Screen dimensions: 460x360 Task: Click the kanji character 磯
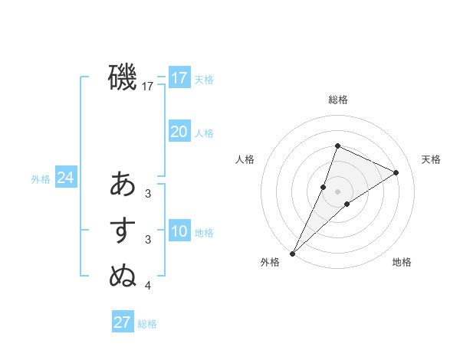point(123,77)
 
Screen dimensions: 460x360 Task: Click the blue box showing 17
point(179,78)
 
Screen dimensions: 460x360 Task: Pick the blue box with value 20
point(179,132)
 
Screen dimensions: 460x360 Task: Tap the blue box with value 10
point(179,231)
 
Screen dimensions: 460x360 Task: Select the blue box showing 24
point(65,178)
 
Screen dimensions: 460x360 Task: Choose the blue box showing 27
point(122,322)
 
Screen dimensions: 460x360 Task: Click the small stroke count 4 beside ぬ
point(148,286)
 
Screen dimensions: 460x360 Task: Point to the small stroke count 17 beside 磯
point(148,87)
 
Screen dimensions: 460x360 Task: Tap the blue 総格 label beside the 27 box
point(147,324)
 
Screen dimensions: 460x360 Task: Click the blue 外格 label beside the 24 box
point(41,179)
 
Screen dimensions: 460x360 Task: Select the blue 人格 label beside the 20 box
point(204,133)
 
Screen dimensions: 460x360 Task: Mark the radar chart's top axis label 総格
point(337,100)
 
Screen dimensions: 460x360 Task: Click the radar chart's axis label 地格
point(402,263)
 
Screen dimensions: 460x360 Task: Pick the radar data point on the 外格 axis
point(292,253)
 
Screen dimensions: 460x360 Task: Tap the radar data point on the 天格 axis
point(396,172)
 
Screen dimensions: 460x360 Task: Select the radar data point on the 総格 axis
point(337,146)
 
